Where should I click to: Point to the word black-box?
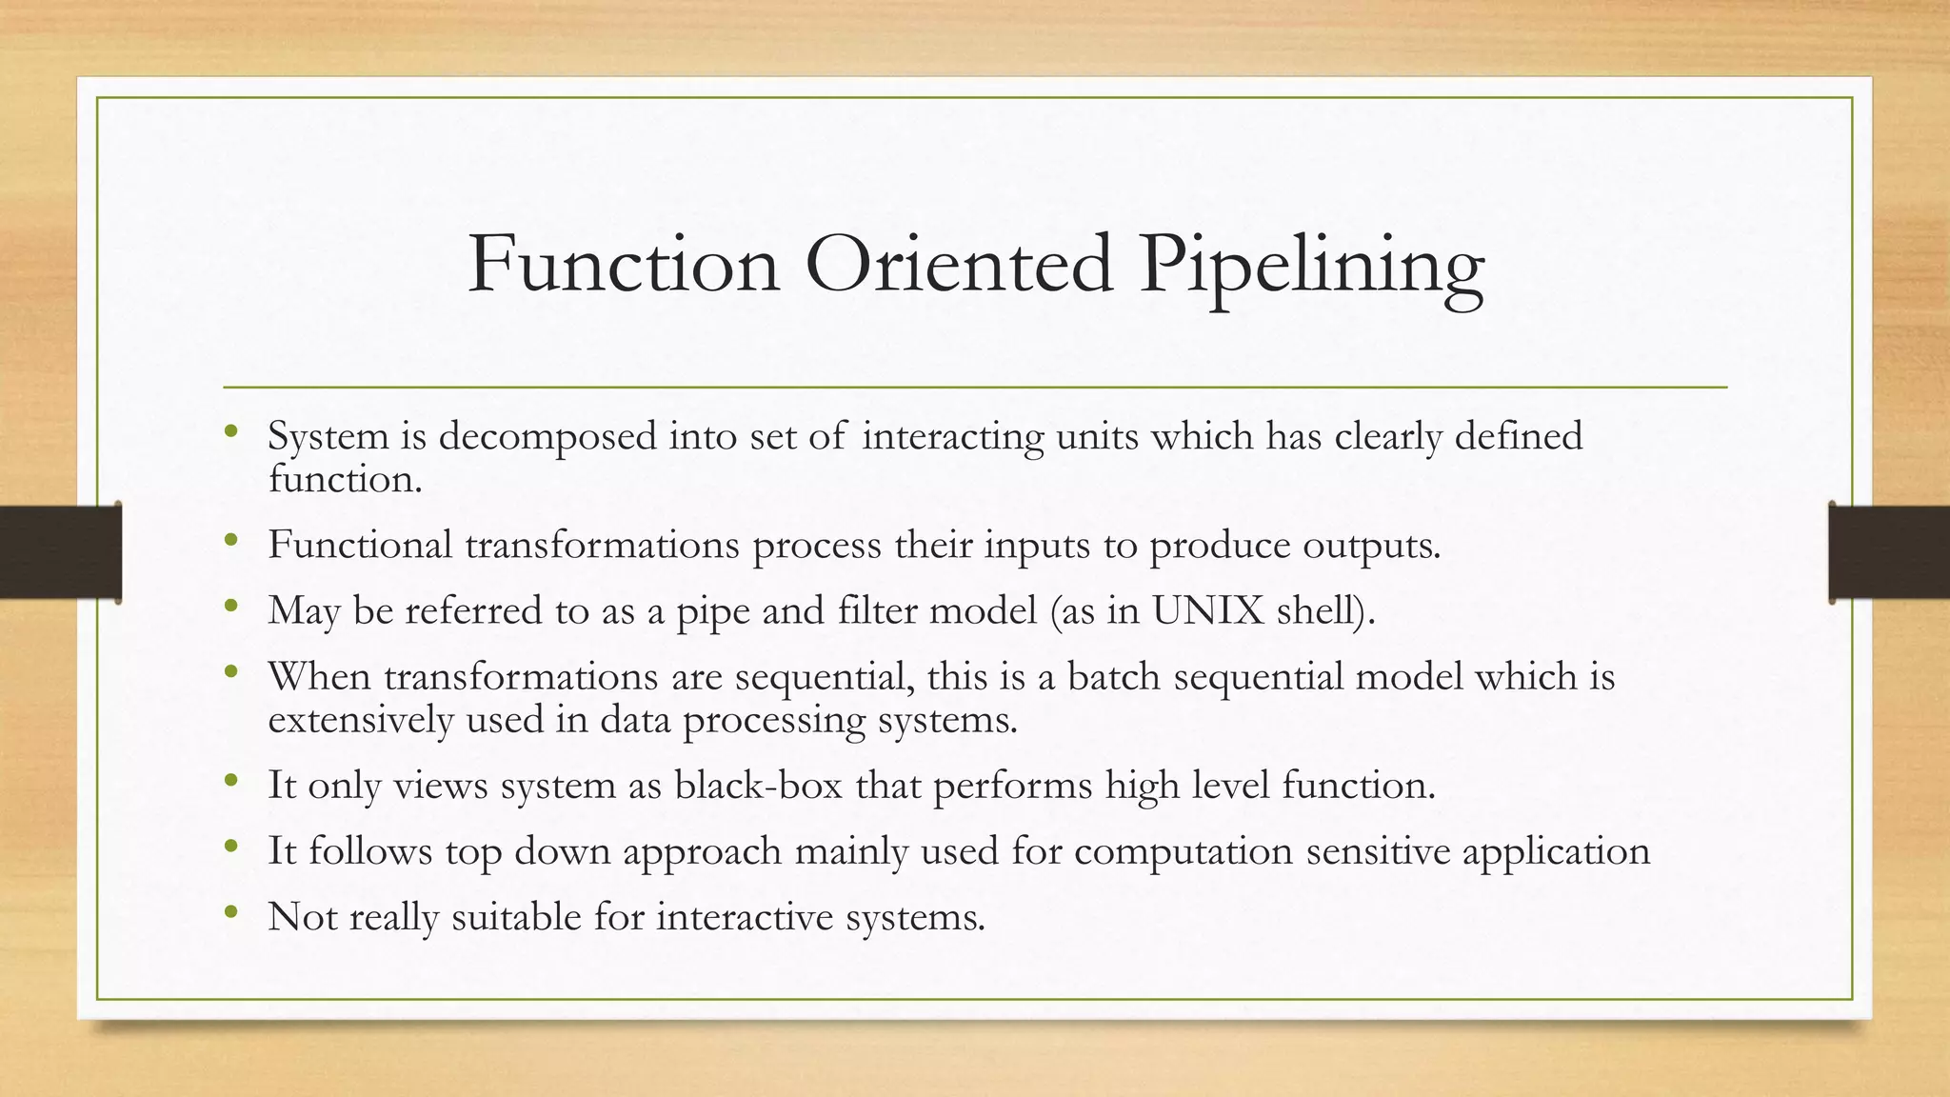pyautogui.click(x=758, y=785)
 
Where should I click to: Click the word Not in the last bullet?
pyautogui.click(x=302, y=916)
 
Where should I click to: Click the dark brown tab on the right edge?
pyautogui.click(x=1889, y=552)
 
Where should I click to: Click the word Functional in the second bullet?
pyautogui.click(x=360, y=545)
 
